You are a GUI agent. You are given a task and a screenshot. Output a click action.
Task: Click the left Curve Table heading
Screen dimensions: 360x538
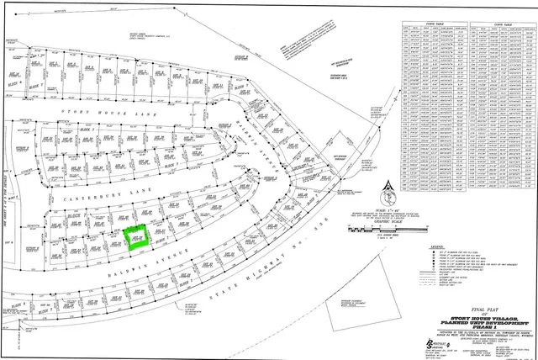pyautogui.click(x=435, y=24)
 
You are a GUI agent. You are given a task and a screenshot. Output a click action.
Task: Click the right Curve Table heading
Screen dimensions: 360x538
pyautogui.click(x=506, y=24)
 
